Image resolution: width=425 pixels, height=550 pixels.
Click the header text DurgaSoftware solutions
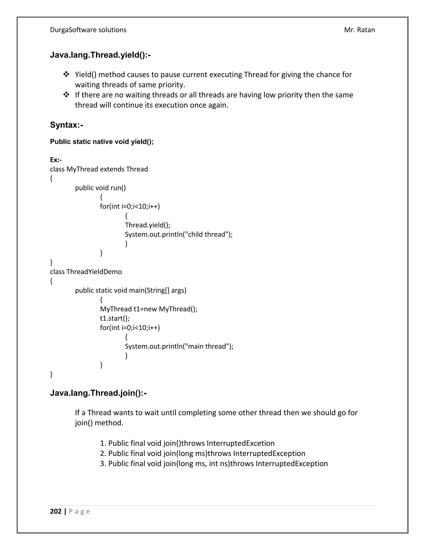(88, 30)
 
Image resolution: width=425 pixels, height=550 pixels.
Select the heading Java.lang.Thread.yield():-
(100, 55)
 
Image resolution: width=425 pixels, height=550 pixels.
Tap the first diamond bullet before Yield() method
(66, 74)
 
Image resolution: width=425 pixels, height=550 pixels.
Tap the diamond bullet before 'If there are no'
(66, 95)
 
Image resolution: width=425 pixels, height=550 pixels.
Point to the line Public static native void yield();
(102, 142)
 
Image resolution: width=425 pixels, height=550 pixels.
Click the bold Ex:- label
(56, 160)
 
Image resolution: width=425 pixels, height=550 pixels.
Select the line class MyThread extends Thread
(99, 169)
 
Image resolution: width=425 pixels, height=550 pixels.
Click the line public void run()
(100, 188)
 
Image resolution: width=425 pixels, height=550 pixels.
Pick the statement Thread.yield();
(148, 225)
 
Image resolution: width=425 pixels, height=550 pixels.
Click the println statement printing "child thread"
(178, 235)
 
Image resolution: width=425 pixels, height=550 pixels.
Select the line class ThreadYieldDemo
(86, 272)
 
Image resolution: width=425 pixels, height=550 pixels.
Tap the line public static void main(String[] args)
(130, 290)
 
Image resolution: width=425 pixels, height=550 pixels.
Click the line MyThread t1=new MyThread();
(149, 309)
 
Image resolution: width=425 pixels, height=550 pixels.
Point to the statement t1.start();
(115, 318)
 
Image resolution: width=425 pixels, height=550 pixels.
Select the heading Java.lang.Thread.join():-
(98, 393)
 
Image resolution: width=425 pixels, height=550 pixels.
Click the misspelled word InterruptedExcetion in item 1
(241, 443)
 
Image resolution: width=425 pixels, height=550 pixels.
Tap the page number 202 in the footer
(56, 511)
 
